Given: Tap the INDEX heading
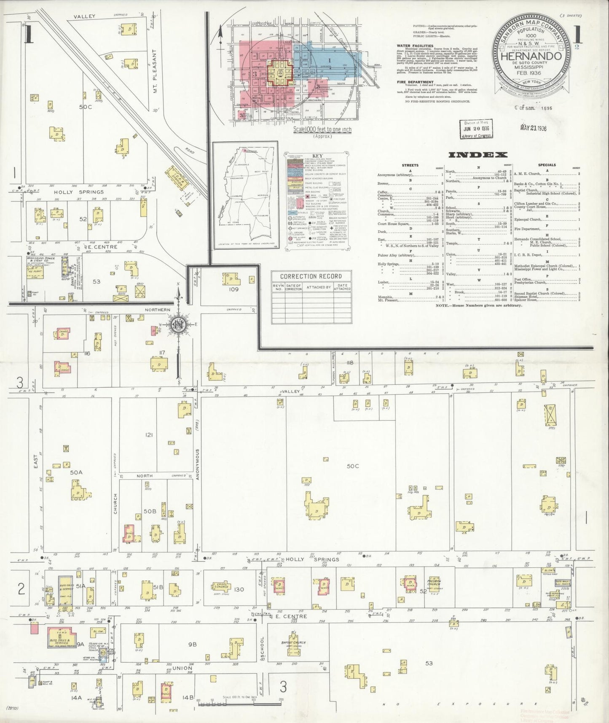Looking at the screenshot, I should (478, 155).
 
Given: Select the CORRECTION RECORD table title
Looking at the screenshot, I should (311, 276).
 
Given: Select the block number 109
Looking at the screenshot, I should (233, 289).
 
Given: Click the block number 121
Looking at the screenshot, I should (149, 434).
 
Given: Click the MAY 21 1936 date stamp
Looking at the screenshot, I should (533, 128).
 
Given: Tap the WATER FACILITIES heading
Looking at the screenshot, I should (415, 46).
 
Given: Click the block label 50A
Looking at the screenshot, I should (76, 473).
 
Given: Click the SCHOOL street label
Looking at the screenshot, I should (262, 649).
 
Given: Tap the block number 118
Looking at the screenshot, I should (350, 362).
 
